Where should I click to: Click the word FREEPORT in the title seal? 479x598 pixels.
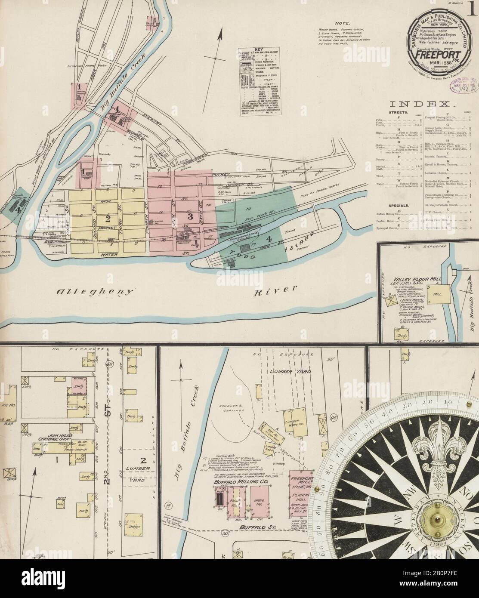click(x=435, y=57)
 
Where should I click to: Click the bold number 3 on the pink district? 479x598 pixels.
click(x=190, y=215)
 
